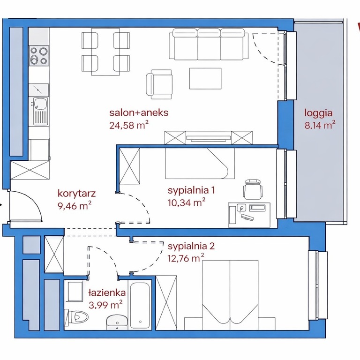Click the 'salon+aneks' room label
(x=139, y=112)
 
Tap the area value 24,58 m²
(x=128, y=125)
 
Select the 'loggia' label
(x=318, y=113)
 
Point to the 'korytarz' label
(x=76, y=193)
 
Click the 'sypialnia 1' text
(x=191, y=190)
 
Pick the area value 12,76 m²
(x=186, y=258)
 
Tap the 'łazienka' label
(x=107, y=292)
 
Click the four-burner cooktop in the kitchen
(x=39, y=55)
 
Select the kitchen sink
(x=40, y=111)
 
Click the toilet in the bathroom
(x=77, y=318)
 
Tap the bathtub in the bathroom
(x=140, y=305)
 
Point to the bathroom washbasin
(x=117, y=322)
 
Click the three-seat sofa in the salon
(x=209, y=44)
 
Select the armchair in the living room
(x=159, y=84)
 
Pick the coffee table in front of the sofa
(x=205, y=79)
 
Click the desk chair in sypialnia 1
(x=253, y=189)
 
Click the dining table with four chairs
(x=105, y=52)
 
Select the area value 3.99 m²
(x=105, y=305)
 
